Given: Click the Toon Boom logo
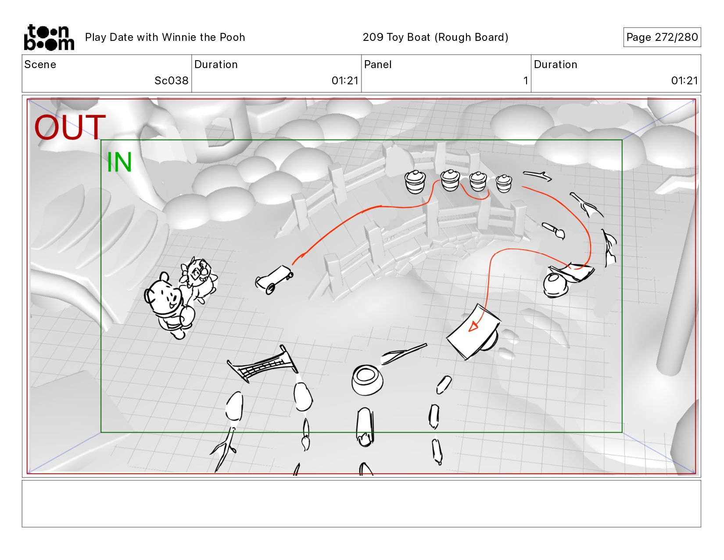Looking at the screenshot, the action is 49,37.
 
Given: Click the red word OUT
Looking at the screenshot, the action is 70,127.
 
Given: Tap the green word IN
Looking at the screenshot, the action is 119,162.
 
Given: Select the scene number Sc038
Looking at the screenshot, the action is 171,80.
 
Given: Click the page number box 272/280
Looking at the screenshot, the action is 662,37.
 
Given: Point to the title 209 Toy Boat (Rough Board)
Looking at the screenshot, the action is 435,37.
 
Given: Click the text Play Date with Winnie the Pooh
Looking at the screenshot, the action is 165,37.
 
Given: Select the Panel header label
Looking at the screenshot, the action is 377,65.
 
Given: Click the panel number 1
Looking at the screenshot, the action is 525,80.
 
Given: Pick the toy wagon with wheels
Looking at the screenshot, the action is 274,279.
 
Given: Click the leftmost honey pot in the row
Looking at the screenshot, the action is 415,182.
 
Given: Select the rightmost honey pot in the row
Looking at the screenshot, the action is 503,184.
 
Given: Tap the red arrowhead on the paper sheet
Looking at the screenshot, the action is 473,326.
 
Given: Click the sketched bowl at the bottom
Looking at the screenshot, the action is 367,380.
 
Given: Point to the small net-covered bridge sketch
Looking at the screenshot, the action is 262,364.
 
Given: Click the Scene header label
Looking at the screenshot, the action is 40,65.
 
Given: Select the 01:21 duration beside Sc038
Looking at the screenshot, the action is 345,80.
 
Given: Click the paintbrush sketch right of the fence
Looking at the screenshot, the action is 553,231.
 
